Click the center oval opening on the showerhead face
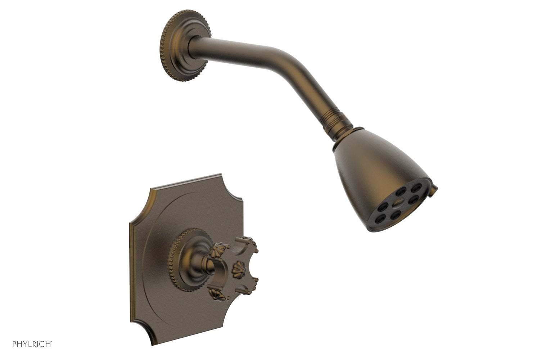coord(396,203)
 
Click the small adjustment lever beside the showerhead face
coord(436,188)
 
